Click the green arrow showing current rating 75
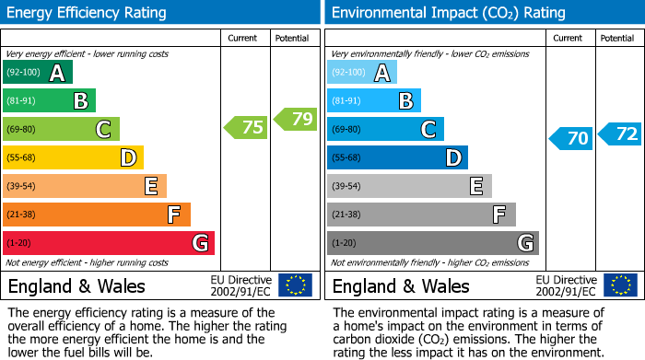247,127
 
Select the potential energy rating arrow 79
296,118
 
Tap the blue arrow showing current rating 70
571,138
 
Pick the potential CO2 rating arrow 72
620,134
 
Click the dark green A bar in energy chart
38,73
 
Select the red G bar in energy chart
109,243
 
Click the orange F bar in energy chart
97,215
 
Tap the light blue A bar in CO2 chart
362,73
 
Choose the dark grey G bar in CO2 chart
432,243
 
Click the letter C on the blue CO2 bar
428,130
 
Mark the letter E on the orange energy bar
150,187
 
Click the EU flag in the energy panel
295,285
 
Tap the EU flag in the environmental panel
619,285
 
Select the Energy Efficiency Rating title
88,13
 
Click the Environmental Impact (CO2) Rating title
447,13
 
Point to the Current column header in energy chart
244,38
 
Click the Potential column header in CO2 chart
616,38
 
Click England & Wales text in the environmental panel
401,286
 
